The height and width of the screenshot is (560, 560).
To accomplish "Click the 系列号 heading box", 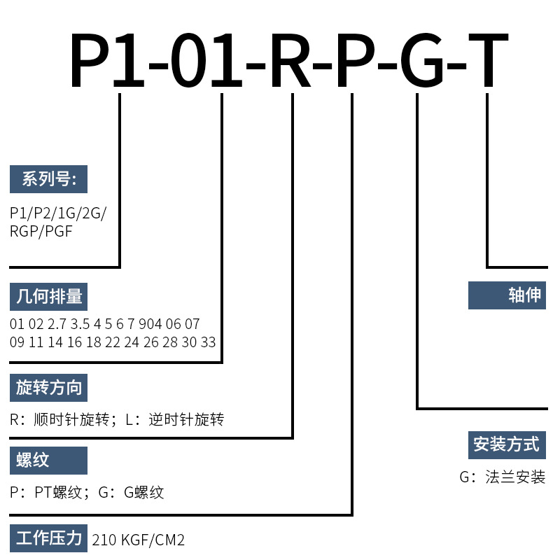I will click(x=48, y=180).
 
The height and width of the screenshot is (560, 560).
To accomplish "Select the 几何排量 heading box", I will click(x=48, y=296).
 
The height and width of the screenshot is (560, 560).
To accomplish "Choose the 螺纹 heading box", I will click(x=48, y=460).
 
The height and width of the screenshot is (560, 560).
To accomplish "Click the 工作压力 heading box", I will click(x=48, y=539).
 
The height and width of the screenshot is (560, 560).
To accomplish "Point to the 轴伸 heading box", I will click(x=507, y=295).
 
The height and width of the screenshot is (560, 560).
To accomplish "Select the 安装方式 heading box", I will click(x=507, y=444).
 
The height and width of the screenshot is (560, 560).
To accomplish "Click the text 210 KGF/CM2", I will click(x=139, y=540).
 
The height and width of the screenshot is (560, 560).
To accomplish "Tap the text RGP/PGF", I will click(x=41, y=230).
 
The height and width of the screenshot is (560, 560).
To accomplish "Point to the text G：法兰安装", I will click(x=502, y=477).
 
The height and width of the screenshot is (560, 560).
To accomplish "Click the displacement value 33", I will click(x=208, y=342).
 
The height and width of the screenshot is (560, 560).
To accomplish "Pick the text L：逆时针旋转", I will click(x=174, y=420).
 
